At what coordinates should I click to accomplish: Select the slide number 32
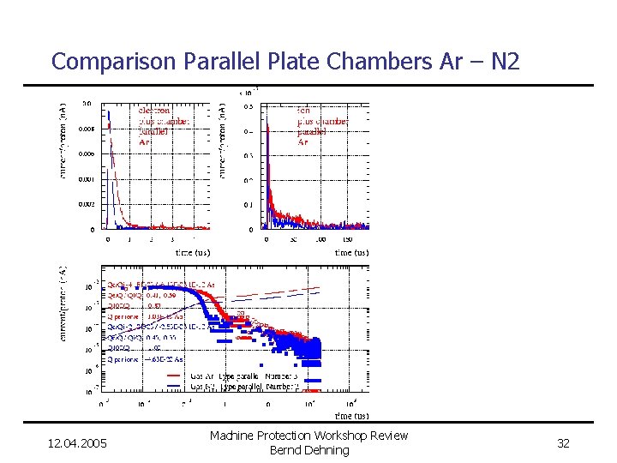pyautogui.click(x=563, y=443)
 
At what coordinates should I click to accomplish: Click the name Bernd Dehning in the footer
pyautogui.click(x=309, y=450)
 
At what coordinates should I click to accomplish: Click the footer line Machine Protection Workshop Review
pyautogui.click(x=309, y=436)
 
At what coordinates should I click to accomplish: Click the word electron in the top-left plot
pyautogui.click(x=154, y=110)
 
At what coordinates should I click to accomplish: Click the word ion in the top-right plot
pyautogui.click(x=304, y=110)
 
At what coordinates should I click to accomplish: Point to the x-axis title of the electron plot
pyautogui.click(x=192, y=253)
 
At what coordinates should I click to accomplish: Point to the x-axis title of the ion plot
pyautogui.click(x=351, y=253)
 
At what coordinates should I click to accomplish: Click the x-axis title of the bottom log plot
pyautogui.click(x=351, y=415)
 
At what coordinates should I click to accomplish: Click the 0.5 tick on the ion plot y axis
pyautogui.click(x=247, y=107)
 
